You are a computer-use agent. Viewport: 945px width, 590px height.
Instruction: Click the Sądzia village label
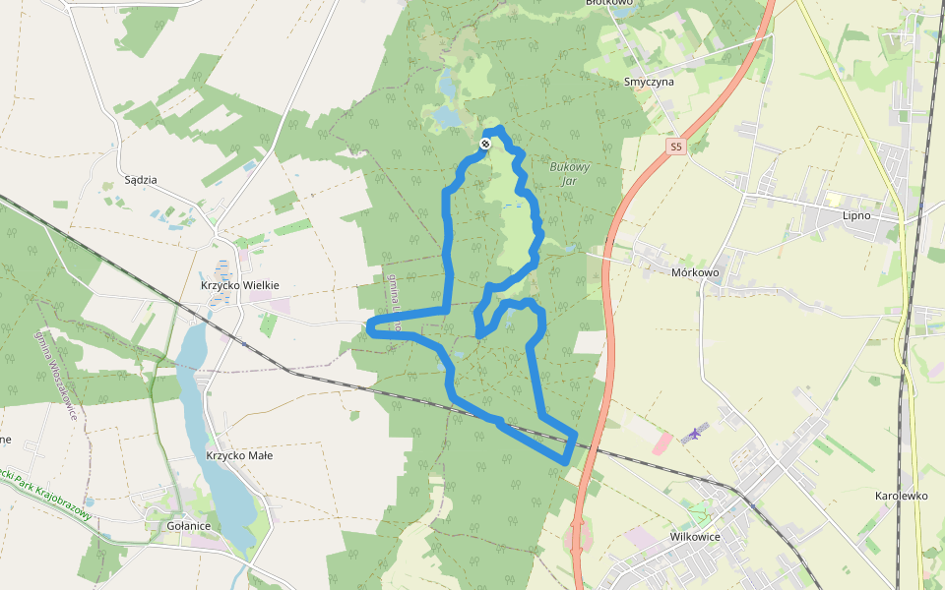142,180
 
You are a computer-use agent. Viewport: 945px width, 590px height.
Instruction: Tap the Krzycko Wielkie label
240,285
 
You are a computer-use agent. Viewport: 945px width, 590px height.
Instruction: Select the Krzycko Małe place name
239,455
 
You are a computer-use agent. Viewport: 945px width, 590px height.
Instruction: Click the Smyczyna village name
649,82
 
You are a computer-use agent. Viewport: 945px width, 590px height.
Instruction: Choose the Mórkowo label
695,272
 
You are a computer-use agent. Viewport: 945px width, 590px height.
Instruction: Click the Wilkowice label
695,537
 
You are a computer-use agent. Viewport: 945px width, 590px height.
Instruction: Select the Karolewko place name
901,496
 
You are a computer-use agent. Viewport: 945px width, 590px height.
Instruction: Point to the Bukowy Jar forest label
569,173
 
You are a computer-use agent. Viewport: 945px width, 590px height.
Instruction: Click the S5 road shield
674,147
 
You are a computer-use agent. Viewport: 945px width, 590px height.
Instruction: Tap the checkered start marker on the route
485,145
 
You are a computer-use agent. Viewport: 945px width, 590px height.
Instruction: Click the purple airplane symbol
695,432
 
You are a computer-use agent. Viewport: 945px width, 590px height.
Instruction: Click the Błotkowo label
608,3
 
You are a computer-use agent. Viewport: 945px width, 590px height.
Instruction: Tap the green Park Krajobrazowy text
49,498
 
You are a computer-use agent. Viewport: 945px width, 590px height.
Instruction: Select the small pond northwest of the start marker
446,117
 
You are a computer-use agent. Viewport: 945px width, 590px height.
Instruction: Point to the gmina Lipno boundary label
394,301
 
